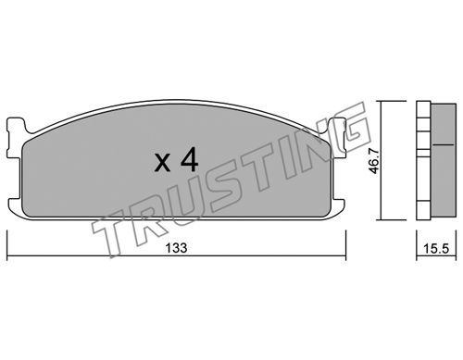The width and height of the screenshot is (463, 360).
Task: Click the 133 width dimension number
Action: (176, 247)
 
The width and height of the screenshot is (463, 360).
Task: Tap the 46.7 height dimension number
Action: (374, 160)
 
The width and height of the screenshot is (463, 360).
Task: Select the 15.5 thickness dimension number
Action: (436, 248)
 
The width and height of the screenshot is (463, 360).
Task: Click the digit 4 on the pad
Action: (189, 161)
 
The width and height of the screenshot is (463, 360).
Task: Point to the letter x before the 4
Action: (162, 164)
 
